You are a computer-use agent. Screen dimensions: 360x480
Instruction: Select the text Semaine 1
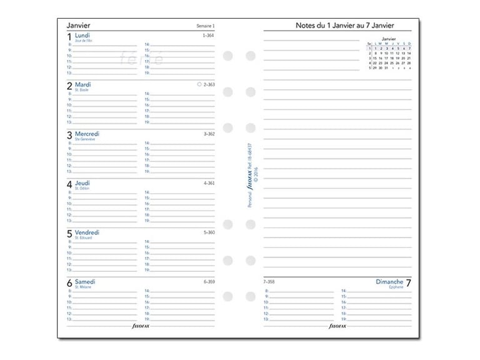[x=205, y=26]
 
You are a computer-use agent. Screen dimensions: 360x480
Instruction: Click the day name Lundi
[x=82, y=36]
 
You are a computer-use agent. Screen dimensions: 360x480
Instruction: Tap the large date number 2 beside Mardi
[x=69, y=87]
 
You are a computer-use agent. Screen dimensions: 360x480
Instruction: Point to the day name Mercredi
[x=87, y=134]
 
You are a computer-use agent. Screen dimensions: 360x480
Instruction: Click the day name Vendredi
[x=87, y=232]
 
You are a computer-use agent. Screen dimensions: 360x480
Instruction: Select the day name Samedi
[x=85, y=282]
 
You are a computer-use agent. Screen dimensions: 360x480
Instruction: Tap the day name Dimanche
[x=389, y=282]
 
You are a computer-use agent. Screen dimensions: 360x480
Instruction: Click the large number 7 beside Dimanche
[x=408, y=284]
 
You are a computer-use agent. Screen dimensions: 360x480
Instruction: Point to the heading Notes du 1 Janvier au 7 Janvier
[x=344, y=26]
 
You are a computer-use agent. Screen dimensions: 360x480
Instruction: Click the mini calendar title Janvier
[x=389, y=38]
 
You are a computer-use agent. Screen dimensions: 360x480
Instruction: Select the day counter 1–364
[x=209, y=36]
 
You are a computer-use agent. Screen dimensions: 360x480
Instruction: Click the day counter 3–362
[x=209, y=134]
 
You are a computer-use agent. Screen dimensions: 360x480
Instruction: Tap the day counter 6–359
[x=209, y=282]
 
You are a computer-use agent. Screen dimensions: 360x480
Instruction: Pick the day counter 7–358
[x=269, y=282]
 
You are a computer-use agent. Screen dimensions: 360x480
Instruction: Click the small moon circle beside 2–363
[x=199, y=84]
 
